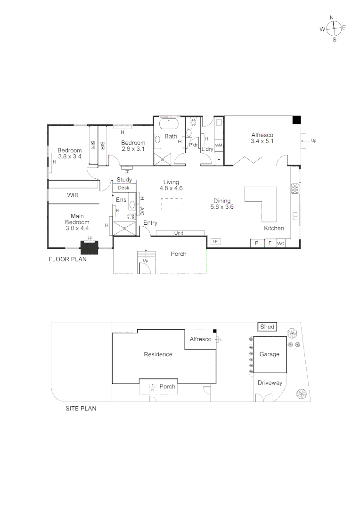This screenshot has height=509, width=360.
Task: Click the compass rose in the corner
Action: point(333,28)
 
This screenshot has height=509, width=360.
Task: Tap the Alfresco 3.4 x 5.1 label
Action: point(262,138)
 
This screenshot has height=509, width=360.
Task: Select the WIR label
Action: point(73,195)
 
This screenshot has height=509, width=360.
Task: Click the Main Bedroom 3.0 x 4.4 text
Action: point(77,222)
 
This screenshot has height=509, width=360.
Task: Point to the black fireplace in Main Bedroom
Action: point(89,247)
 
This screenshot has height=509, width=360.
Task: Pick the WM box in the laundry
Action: point(219,145)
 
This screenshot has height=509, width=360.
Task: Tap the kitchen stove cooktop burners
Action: point(295,189)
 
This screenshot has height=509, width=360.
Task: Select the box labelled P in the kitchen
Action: point(257,243)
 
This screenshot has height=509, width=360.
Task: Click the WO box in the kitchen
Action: point(281,243)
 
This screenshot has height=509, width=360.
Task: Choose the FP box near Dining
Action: point(215,241)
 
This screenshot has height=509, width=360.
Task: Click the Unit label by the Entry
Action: point(179,233)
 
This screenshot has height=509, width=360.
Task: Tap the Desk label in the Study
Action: point(123,188)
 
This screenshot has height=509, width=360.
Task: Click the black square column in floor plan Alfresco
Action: point(296,120)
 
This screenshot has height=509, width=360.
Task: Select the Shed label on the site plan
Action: point(267,327)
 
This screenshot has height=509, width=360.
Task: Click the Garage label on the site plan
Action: point(270,354)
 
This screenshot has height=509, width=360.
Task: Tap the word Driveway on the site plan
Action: point(270,383)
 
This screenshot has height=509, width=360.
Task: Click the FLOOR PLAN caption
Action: point(67,259)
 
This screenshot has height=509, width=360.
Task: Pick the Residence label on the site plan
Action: point(158,354)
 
